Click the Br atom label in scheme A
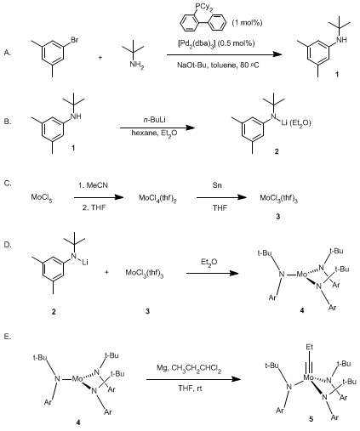pos(74,40)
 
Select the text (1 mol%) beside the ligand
pos(247,23)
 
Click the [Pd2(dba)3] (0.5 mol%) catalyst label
pos(216,43)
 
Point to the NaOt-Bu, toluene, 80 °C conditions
pos(218,65)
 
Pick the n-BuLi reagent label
pos(154,120)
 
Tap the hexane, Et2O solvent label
pos(154,133)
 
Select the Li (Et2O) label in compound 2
pos(296,123)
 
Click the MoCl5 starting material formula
pos(42,197)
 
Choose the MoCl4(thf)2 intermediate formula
pos(157,198)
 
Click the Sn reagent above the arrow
pos(217,185)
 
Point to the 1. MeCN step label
pos(93,185)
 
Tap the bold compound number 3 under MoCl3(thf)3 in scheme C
pos(278,217)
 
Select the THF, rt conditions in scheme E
pos(190,388)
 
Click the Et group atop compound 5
pos(310,347)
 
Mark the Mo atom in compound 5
pos(309,377)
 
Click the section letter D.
pos(8,245)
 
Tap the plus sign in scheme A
pos(100,58)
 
